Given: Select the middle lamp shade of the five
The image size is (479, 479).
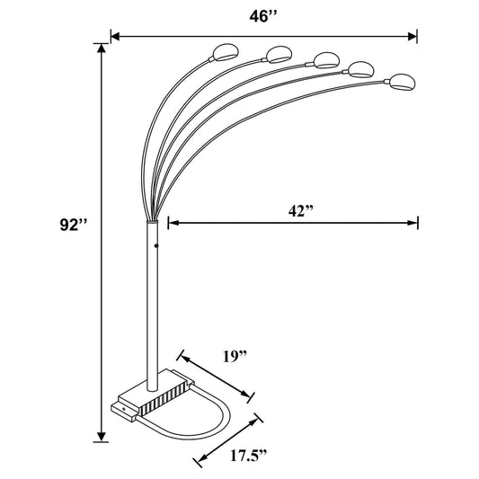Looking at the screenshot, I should point(324,60).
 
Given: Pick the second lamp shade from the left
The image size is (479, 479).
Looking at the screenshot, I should point(278,53).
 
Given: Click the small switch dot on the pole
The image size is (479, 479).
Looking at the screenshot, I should point(156,244).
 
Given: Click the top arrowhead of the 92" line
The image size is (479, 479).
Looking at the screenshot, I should point(102,46).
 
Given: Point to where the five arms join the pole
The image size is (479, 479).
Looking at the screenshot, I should point(150,217).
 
